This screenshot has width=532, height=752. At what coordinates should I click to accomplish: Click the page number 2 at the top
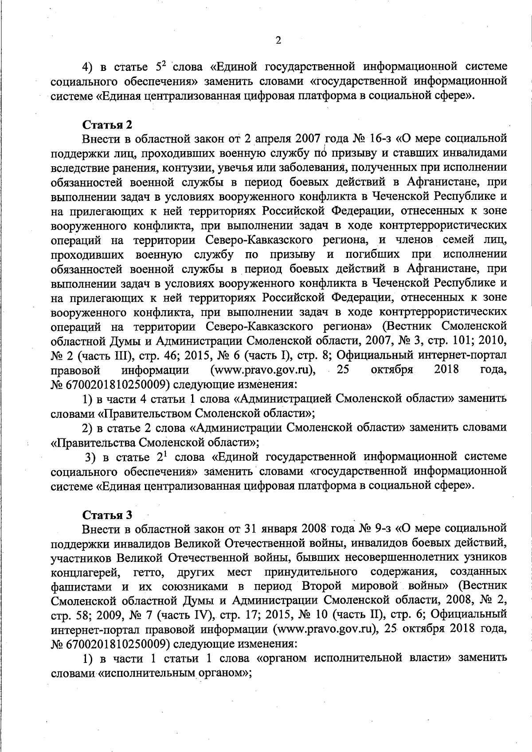[278, 40]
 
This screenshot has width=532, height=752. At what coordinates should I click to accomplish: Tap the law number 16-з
[379, 139]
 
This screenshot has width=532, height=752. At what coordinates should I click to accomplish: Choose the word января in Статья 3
[279, 529]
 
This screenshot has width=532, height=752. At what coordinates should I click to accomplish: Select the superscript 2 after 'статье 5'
[163, 63]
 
